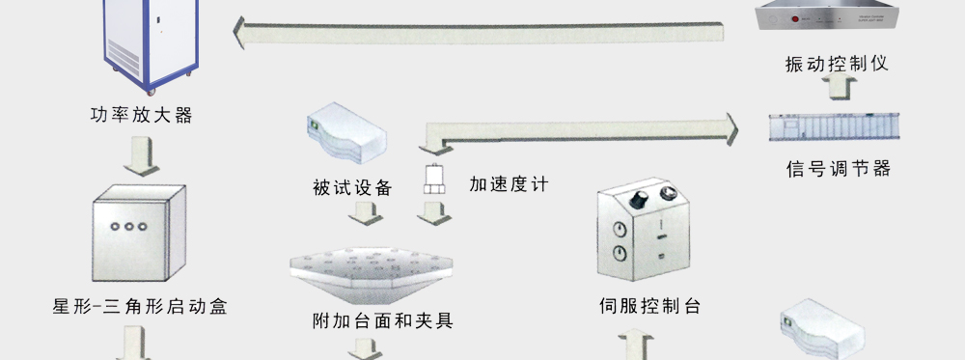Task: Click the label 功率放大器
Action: point(142,115)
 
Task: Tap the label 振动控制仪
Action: point(837,63)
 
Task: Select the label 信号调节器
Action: point(839,168)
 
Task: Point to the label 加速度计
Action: point(509,184)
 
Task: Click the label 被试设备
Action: point(352,187)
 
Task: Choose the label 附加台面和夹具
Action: point(383,320)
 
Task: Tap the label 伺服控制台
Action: point(649,305)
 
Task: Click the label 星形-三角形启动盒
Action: point(140,306)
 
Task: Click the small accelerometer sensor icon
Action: point(434,180)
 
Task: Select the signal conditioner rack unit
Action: point(835,127)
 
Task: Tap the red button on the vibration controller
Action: point(794,19)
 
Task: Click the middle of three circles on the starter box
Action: point(128,227)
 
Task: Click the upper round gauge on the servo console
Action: point(620,230)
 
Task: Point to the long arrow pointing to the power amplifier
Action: point(479,33)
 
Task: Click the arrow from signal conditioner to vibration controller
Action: point(838,87)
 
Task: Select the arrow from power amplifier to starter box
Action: point(141,156)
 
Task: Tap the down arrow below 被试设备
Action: point(366,213)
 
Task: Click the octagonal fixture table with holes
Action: point(372,275)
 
